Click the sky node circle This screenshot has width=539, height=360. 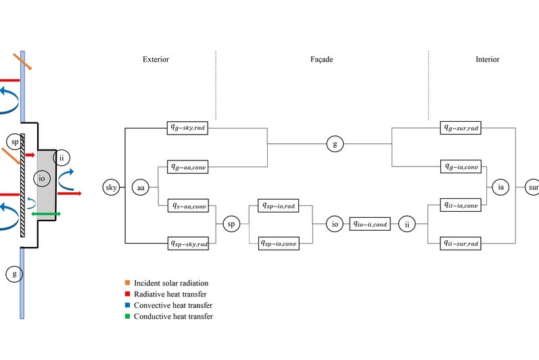112,187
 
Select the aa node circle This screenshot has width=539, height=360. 141,187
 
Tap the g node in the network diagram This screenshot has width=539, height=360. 333,143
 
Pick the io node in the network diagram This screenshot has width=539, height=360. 333,224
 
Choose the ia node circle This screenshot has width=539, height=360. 500,187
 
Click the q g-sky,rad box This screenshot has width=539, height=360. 188,127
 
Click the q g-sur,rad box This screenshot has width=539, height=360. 461,127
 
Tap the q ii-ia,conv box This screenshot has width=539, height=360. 461,205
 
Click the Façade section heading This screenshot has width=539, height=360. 317,60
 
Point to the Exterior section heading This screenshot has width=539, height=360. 156,60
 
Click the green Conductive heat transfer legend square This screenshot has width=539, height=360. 126,316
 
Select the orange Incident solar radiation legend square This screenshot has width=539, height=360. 126,282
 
